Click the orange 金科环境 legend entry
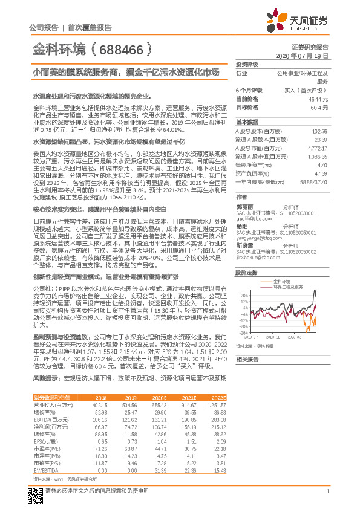[x=283, y=282]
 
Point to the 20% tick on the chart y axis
[x=243, y=296]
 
